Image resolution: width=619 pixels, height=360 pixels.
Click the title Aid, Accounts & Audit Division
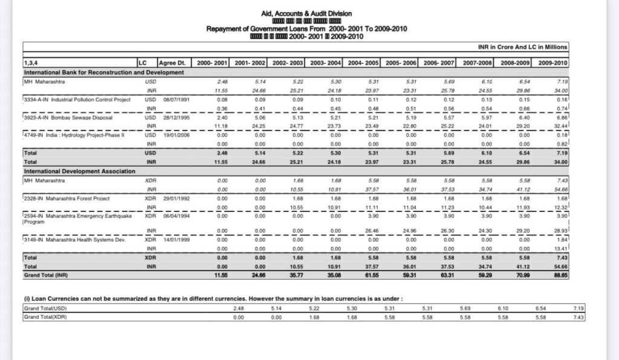pos(306,13)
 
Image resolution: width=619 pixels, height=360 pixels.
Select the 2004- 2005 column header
pos(364,63)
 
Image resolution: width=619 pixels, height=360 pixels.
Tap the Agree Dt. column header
pos(170,63)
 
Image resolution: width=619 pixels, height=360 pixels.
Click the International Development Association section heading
pos(79,172)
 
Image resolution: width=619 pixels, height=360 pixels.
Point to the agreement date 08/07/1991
pos(176,99)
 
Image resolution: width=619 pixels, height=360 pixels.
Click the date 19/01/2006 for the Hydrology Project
pos(176,136)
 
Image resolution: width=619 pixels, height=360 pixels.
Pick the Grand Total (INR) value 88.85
pos(557,274)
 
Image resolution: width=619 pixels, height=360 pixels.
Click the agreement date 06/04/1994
pos(176,216)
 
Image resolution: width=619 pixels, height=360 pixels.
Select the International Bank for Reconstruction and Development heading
pos(103,72)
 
